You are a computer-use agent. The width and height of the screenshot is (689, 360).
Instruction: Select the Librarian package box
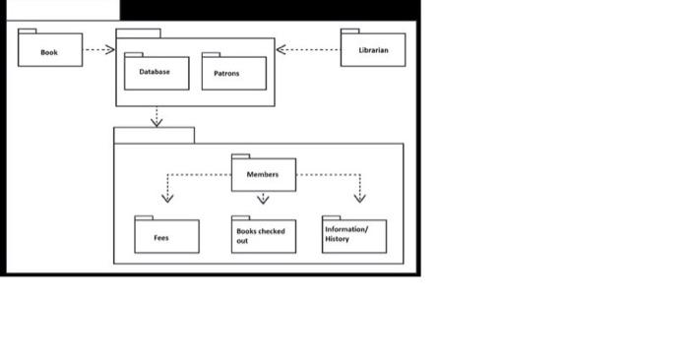[373, 50]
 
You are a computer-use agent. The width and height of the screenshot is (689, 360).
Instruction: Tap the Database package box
[156, 74]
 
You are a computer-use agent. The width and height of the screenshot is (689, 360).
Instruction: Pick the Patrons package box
[233, 74]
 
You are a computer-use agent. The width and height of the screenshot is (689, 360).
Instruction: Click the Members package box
[263, 175]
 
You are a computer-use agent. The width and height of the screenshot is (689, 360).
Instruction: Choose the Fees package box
[166, 237]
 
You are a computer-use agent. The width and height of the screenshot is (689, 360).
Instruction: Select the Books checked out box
[263, 237]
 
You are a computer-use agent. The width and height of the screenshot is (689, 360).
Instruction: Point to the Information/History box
[353, 236]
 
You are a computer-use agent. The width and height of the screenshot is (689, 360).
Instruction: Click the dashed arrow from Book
[98, 49]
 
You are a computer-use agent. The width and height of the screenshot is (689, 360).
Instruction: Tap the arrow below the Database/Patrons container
[156, 117]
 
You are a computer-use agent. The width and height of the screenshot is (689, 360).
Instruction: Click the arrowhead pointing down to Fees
[167, 197]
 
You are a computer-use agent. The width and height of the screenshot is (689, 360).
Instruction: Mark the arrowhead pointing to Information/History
[359, 197]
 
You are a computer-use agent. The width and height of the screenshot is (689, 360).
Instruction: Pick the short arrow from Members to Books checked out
[263, 199]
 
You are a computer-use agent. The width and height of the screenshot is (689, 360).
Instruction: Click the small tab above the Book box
[28, 30]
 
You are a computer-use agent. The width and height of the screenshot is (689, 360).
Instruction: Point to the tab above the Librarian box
[349, 30]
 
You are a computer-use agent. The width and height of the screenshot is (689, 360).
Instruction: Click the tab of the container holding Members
[154, 136]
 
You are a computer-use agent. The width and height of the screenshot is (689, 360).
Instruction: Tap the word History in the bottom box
[337, 239]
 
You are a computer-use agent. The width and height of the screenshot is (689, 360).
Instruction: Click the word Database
[154, 72]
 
